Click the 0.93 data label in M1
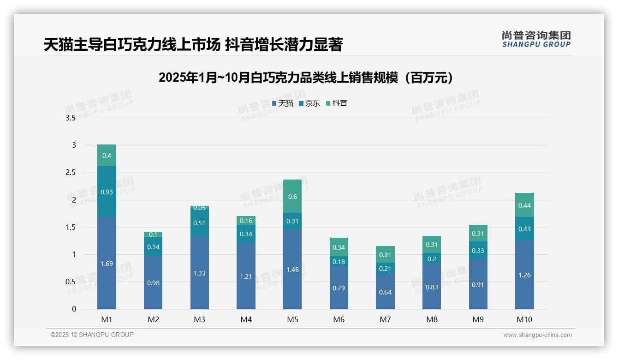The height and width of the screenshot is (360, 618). pos(107,192)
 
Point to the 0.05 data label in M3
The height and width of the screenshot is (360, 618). pos(200,208)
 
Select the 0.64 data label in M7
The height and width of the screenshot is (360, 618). pos(385,292)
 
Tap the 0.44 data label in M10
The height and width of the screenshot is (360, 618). pos(524,205)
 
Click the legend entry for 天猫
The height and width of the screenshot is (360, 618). pos(283,103)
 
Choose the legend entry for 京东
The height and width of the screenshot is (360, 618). pos(309,103)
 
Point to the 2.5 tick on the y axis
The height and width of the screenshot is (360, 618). pos(71,173)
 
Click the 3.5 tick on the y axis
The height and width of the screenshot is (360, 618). pos(71,118)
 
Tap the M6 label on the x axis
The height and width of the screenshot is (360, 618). pos(339,319)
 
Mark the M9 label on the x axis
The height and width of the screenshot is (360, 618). pos(478,319)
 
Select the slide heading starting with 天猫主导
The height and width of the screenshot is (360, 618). pos(193,45)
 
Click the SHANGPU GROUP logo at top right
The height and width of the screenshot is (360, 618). pos(536,39)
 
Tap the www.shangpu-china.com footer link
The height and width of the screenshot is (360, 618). pos(537,335)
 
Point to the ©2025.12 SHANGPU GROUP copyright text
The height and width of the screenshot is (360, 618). pos(92,335)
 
